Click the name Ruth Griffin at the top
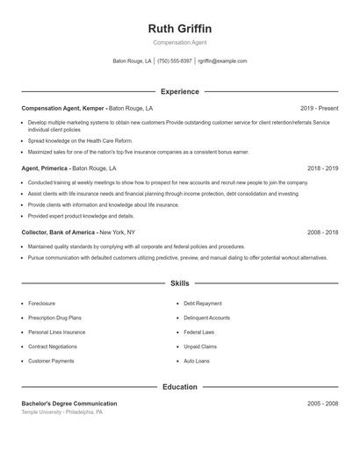[179, 29]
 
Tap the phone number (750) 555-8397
[175, 61]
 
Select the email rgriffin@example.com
[222, 61]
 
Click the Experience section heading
[179, 91]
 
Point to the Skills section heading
[179, 284]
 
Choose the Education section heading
[179, 387]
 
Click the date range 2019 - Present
[319, 108]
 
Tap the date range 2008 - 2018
[322, 232]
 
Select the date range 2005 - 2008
[322, 404]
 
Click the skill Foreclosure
[43, 303]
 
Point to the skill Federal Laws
[199, 333]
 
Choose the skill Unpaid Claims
[200, 347]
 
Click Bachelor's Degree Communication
[68, 404]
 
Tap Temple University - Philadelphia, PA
[62, 411]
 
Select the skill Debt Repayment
[203, 303]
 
